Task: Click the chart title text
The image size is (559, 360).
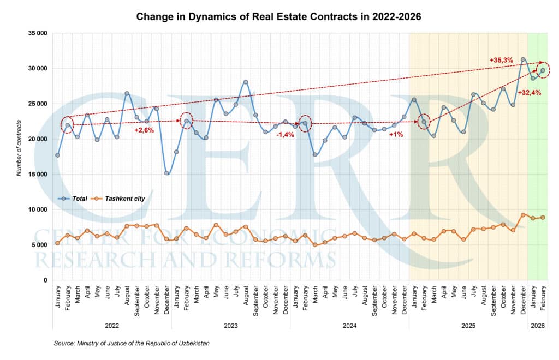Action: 278,17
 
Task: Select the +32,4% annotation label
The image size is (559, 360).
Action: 529,93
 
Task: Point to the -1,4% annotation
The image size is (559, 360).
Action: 285,134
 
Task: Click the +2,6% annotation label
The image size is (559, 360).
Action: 145,130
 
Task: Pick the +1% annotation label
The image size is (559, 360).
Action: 396,134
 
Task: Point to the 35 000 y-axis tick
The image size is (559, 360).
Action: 37,33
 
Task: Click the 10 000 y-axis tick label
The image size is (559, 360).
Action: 37,209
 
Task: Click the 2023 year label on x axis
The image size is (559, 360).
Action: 230,326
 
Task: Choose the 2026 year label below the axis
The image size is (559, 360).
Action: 538,326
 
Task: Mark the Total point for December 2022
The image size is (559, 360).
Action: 166,173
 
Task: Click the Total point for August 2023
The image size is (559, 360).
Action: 246,82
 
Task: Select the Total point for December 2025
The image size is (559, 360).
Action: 523,59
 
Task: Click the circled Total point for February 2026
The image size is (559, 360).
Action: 543,70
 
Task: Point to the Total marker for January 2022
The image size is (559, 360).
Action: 57,155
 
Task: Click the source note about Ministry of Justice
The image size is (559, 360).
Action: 132,344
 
